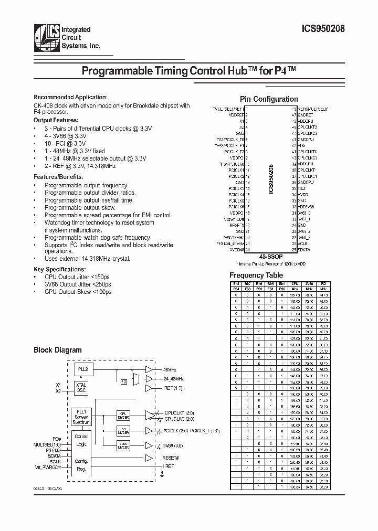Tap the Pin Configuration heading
click(269, 99)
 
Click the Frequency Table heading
click(256, 275)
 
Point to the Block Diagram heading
click(58, 350)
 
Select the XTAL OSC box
click(82, 388)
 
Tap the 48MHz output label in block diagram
click(170, 369)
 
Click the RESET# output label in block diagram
click(171, 458)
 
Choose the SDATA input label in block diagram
click(54, 455)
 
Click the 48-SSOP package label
click(271, 256)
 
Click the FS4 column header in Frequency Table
click(236, 289)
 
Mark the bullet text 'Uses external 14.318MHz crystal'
click(88, 259)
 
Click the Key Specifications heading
click(59, 269)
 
